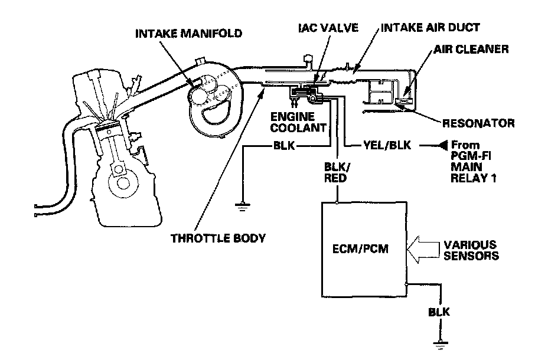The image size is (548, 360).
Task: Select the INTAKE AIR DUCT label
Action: click(x=429, y=28)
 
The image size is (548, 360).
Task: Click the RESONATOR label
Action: click(x=478, y=123)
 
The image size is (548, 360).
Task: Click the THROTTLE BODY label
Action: click(x=218, y=238)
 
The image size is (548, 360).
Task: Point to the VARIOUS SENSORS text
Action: click(x=470, y=250)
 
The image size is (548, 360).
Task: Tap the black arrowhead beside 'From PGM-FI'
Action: click(x=442, y=145)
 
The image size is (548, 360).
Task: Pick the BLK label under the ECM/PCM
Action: click(x=439, y=312)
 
